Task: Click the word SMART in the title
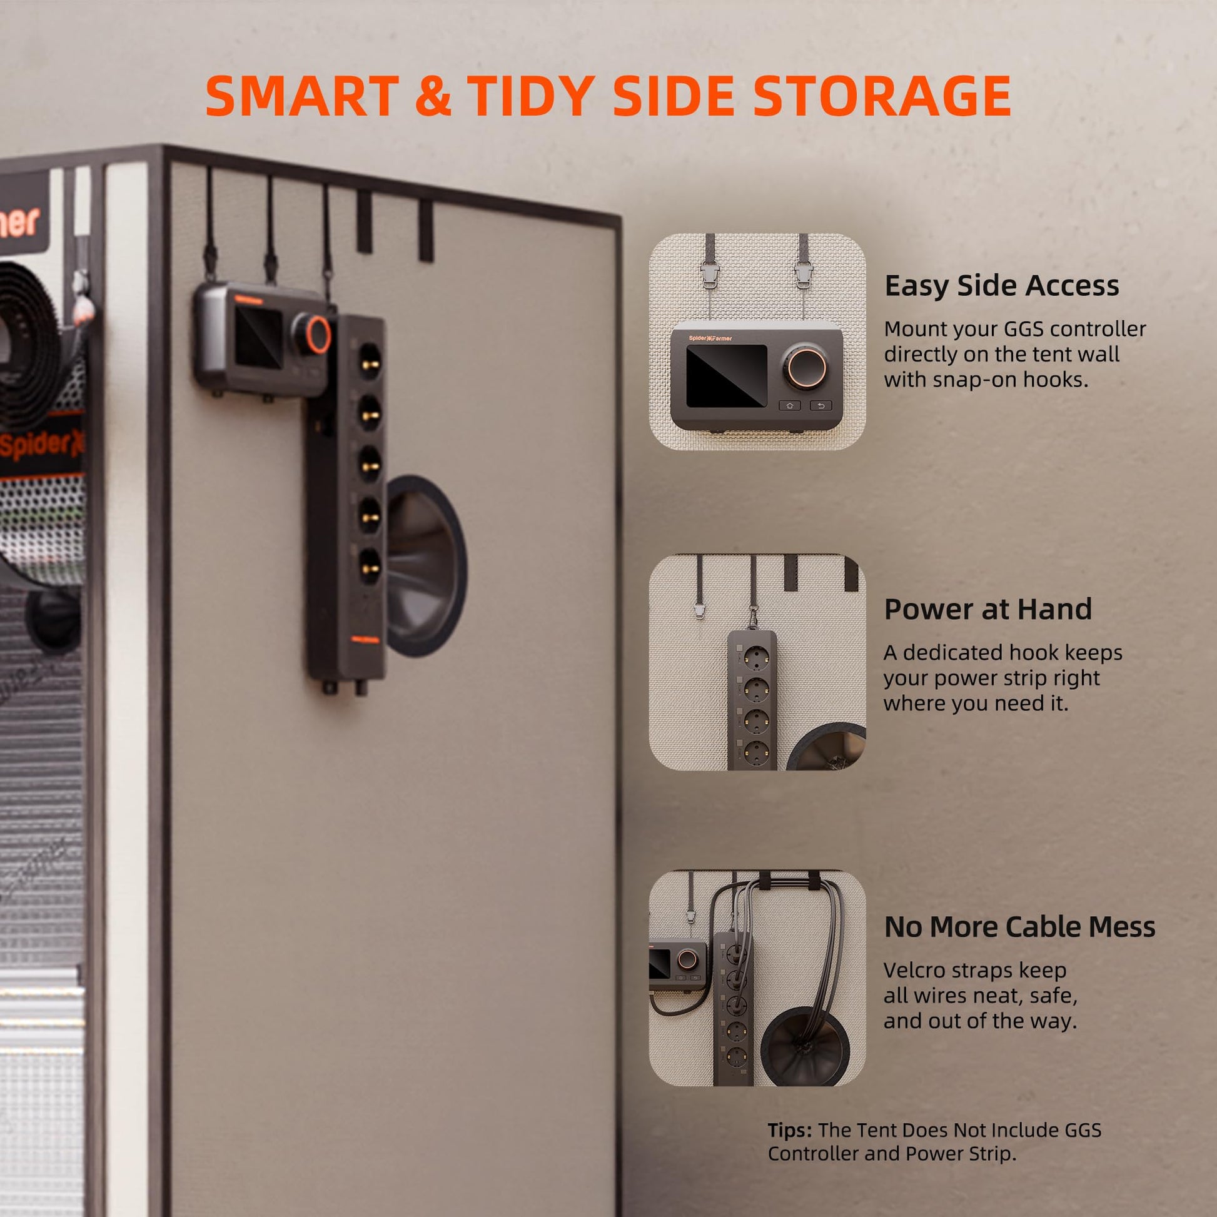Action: point(302,95)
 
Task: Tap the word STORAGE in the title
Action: point(881,95)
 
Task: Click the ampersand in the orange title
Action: point(433,95)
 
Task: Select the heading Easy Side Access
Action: point(1002,285)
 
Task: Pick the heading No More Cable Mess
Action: point(1020,927)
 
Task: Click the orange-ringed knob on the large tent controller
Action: point(318,334)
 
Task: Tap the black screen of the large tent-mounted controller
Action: point(258,339)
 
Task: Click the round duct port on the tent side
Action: point(426,565)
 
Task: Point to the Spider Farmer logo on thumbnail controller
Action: point(710,338)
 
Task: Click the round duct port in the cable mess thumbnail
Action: point(805,1046)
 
